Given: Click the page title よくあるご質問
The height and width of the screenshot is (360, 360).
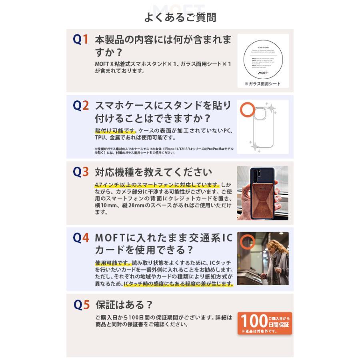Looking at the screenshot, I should pyautogui.click(x=180, y=18).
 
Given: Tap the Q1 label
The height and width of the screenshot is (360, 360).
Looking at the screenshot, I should pyautogui.click(x=80, y=39).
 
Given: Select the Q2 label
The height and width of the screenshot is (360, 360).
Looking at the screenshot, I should pyautogui.click(x=80, y=106).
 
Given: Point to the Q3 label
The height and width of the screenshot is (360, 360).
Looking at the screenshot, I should pyautogui.click(x=80, y=172).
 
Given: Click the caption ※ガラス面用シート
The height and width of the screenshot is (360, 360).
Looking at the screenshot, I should pyautogui.click(x=262, y=84).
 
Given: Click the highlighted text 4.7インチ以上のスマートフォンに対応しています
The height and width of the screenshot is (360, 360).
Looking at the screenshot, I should pyautogui.click(x=157, y=185).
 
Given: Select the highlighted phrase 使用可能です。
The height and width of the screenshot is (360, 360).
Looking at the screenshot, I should pyautogui.click(x=113, y=263).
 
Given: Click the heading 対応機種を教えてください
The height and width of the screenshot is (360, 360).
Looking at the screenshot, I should pyautogui.click(x=153, y=172).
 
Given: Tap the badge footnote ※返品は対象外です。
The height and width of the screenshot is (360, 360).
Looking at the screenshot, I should pyautogui.click(x=260, y=331).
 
